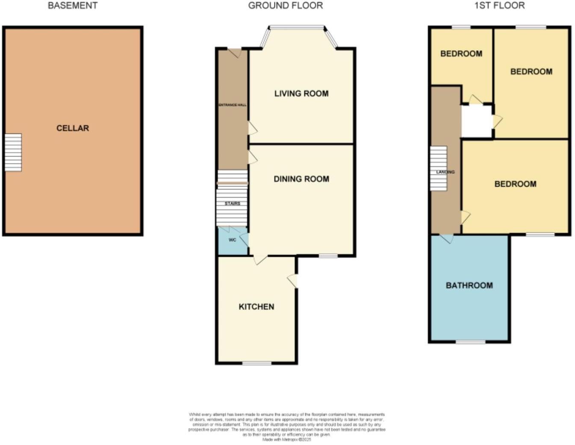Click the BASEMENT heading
[72, 6]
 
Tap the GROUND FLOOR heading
[285, 6]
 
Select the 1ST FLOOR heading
[499, 6]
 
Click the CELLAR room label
[73, 128]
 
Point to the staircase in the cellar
[13, 152]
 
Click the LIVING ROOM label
[301, 93]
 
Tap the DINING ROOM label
[301, 179]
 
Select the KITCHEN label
[256, 306]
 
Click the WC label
[232, 240]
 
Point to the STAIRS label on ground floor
[232, 204]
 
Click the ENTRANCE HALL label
[233, 105]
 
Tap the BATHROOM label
[469, 285]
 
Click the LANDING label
[445, 172]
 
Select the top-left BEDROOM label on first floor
[461, 53]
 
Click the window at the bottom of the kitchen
[257, 363]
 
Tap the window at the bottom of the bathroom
[470, 342]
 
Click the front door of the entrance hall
[234, 53]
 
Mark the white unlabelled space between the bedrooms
[477, 122]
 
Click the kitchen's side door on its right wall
[293, 281]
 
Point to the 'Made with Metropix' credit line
[286, 439]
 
